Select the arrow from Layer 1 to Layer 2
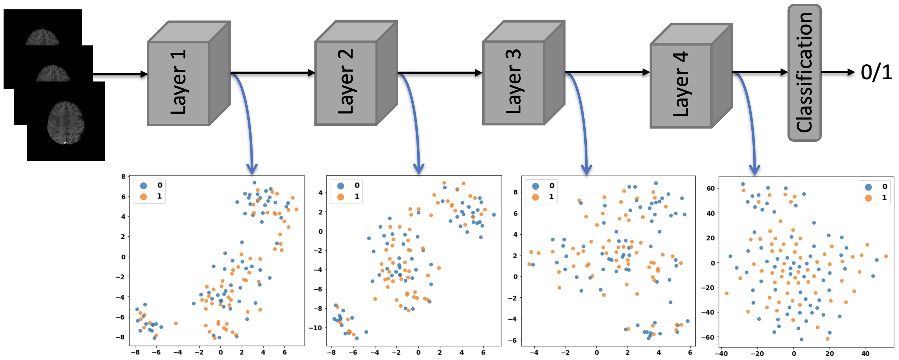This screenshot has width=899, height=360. (x=272, y=73)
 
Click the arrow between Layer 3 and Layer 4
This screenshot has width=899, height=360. (x=607, y=72)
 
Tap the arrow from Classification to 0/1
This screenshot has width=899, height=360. (x=838, y=72)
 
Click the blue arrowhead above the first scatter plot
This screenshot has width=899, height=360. (x=252, y=169)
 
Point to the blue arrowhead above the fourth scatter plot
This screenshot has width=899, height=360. (x=754, y=170)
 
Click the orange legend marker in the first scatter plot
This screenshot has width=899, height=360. (x=143, y=197)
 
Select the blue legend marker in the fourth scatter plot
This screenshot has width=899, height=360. (x=868, y=187)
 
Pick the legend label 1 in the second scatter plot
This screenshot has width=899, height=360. (x=357, y=197)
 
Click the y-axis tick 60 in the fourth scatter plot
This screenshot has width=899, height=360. (x=710, y=189)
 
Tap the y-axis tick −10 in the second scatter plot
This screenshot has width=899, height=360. (x=315, y=328)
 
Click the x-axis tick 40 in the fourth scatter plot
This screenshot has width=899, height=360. (x=866, y=353)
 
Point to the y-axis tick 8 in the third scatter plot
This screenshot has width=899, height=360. (x=515, y=192)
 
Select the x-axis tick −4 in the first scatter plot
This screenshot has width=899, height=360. (x=177, y=352)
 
